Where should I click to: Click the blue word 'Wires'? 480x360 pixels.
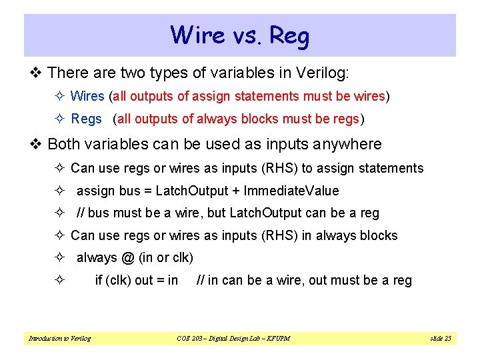[x=87, y=96]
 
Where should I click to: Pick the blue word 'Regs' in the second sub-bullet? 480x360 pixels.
[x=86, y=119]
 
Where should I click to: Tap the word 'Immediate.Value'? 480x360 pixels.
[x=291, y=191]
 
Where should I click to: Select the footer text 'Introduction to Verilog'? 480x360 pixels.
[x=59, y=339]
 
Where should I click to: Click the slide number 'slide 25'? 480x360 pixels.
[x=440, y=339]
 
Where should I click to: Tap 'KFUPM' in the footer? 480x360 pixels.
[x=276, y=339]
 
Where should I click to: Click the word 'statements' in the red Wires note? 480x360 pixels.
[x=270, y=96]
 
